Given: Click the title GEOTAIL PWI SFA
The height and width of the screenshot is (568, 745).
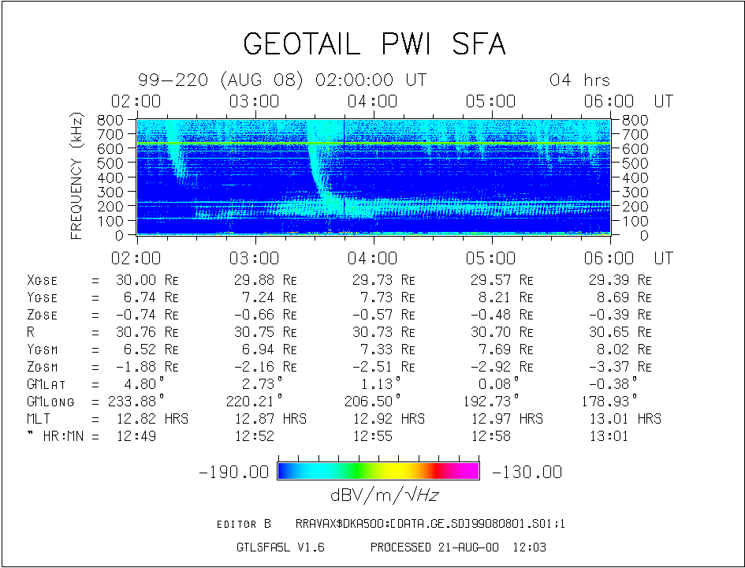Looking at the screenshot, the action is pos(374,44).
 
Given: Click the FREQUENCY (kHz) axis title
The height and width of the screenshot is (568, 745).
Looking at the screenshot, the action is pos(76,177).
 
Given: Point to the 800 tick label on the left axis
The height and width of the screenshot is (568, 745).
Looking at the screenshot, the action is pos(110,120).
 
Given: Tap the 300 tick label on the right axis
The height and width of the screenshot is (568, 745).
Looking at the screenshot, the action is pos(635,192).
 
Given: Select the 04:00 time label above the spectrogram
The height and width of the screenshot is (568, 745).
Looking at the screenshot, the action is pos(372,101).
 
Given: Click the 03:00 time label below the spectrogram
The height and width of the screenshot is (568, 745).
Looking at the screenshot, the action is pos(254,258).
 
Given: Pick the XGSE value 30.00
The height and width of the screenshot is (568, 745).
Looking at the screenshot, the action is pos(136,280).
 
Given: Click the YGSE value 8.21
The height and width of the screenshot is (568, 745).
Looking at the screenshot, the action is pos(494,297).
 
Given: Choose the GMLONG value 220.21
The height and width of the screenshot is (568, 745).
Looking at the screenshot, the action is pos(250,402).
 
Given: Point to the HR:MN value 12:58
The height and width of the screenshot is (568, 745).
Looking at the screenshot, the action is pos(491,436).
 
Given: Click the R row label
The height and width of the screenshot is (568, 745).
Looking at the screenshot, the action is pos(31,332).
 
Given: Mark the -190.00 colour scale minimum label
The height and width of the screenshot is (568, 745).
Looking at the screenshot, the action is pos(234,472).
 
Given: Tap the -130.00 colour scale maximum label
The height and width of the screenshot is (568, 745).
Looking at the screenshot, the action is pos(527,472).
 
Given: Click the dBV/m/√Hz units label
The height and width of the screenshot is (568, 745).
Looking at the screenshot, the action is pos(384,495).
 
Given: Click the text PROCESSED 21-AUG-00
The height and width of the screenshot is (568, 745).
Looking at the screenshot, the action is pos(434,547).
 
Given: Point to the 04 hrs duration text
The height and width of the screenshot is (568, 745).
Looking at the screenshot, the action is pos(579,80).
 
